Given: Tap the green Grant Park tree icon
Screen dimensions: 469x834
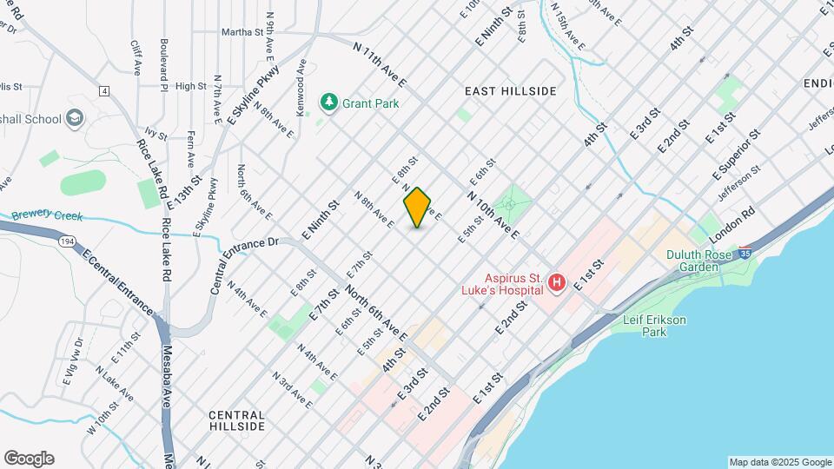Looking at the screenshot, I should (328, 102).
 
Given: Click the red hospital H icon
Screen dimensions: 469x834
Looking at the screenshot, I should (557, 282).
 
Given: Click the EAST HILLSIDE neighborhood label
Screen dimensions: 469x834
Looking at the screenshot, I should (510, 90).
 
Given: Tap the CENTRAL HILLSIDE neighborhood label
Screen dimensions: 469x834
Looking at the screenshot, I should (237, 420).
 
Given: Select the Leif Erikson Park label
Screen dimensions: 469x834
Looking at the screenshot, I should (654, 326).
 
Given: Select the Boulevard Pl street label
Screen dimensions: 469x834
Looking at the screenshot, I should (162, 63).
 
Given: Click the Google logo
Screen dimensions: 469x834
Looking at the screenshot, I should (28, 459).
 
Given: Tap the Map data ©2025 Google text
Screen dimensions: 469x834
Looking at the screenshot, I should (779, 462).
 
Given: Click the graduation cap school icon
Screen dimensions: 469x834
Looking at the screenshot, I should (76, 118).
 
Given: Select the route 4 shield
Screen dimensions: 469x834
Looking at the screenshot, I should (104, 90).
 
